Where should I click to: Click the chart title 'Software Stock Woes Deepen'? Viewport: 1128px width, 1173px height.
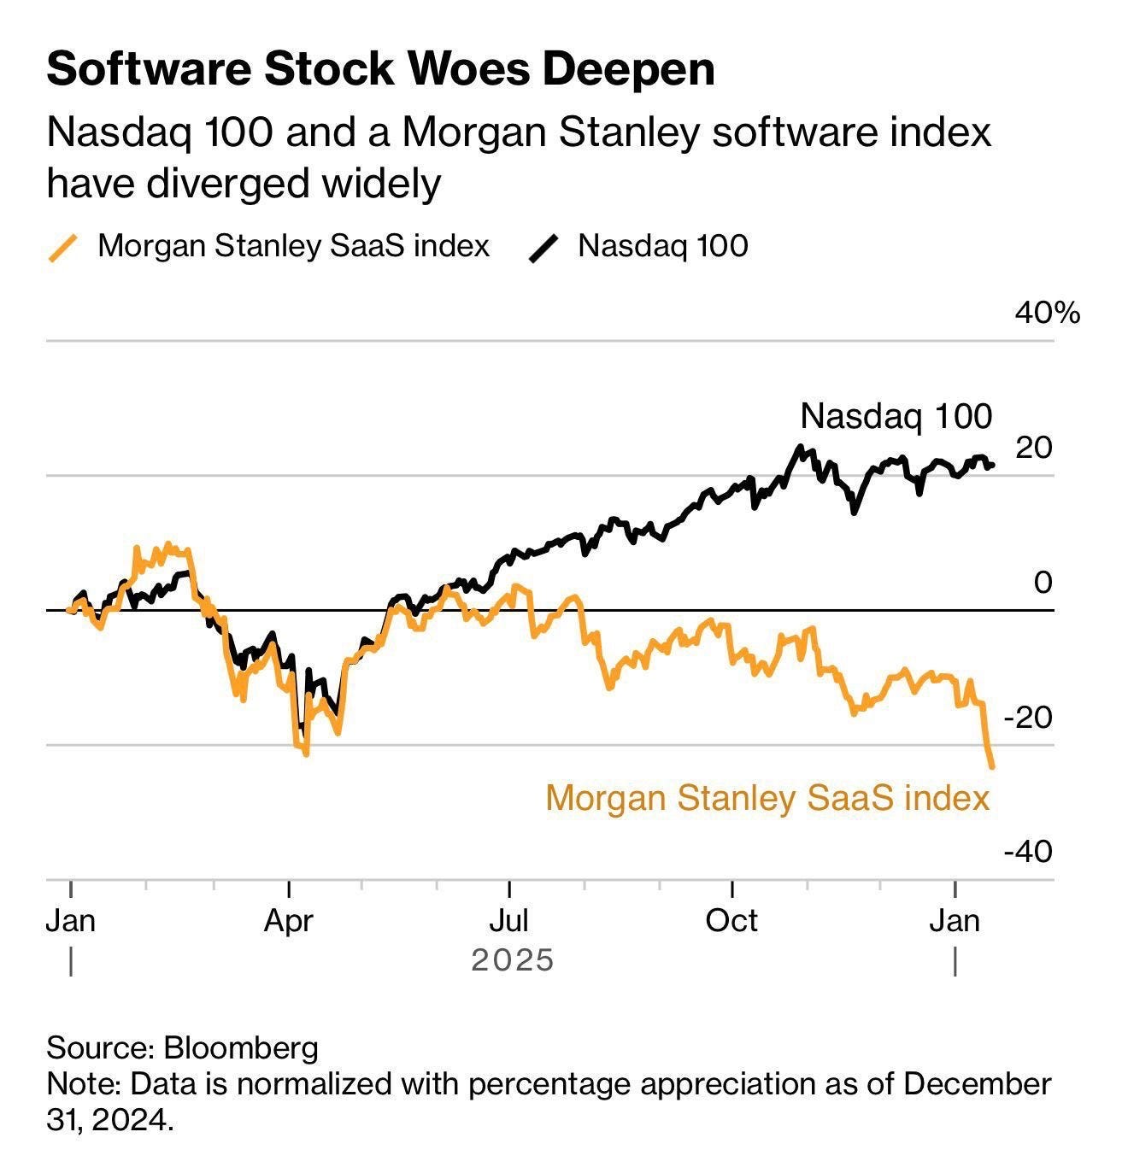[380, 68]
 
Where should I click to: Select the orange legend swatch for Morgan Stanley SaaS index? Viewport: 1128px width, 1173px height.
[64, 248]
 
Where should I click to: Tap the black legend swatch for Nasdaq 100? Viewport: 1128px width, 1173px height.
[543, 248]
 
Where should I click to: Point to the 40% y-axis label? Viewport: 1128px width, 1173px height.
[1047, 314]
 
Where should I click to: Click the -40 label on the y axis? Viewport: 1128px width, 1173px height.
[1028, 852]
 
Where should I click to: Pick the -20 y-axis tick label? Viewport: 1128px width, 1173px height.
[1028, 717]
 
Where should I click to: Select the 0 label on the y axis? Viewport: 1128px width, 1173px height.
[1043, 583]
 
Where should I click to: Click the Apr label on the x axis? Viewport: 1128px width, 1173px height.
[289, 921]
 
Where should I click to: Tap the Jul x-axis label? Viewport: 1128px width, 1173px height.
[508, 921]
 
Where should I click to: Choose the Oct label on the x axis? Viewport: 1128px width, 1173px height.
[731, 921]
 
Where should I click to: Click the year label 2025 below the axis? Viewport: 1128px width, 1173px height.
[513, 960]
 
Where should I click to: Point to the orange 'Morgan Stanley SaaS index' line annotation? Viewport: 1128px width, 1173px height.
[767, 798]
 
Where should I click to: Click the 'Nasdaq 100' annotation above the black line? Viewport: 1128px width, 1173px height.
[896, 416]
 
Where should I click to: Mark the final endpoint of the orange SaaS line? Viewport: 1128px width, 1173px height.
[992, 766]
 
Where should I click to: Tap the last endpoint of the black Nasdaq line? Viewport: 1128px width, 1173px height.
[991, 466]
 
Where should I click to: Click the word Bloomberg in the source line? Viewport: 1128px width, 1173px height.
[240, 1047]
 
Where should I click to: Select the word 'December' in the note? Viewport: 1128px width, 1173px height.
[977, 1083]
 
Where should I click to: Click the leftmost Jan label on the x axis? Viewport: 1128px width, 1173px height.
[70, 921]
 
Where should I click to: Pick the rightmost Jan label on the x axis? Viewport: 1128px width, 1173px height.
[955, 921]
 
